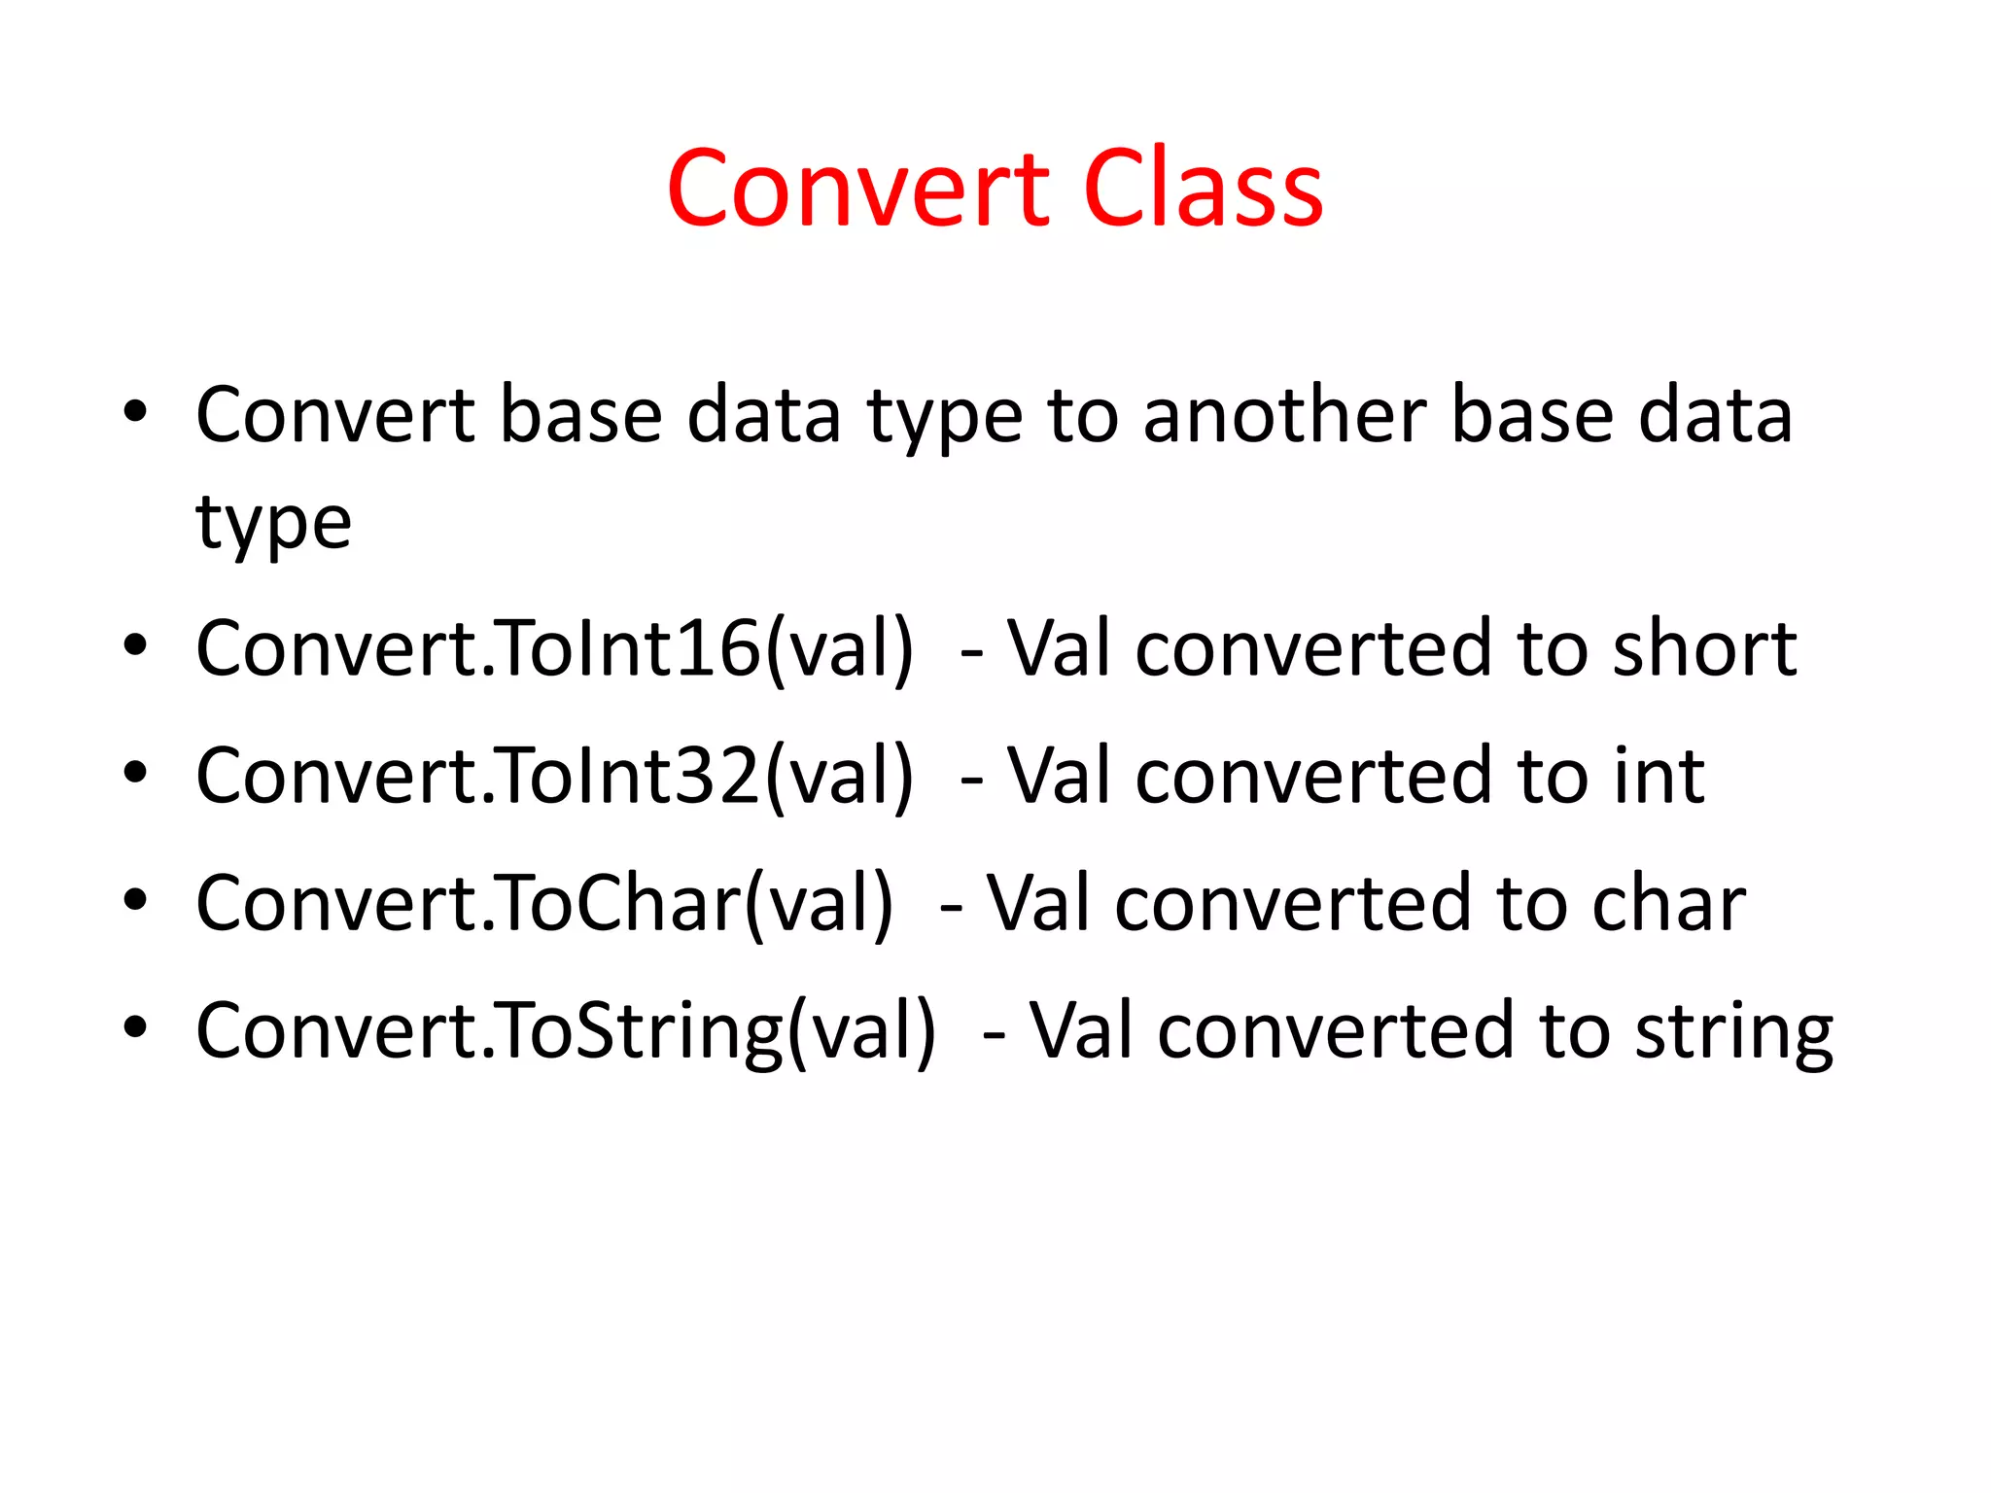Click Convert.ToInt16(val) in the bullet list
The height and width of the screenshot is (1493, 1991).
click(x=554, y=648)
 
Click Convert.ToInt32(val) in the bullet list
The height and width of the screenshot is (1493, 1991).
click(x=554, y=776)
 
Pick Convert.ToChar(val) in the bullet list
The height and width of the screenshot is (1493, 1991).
click(x=543, y=903)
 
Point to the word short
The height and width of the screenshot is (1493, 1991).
click(x=1704, y=648)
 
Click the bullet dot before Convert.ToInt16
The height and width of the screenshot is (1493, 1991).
click(x=135, y=645)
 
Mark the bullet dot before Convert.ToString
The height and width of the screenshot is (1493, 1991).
click(x=135, y=1027)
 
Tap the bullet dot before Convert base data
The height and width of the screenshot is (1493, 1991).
click(x=135, y=412)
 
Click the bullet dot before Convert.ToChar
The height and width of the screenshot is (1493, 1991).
click(x=135, y=900)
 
